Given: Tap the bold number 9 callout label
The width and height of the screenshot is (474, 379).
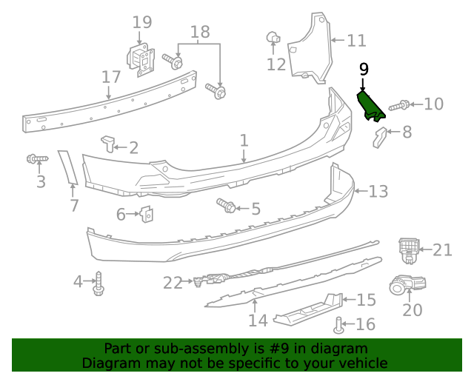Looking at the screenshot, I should click(363, 70).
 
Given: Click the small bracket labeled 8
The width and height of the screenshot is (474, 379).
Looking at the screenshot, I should click(379, 137).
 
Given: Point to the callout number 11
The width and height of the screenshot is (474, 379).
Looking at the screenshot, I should click(356, 41).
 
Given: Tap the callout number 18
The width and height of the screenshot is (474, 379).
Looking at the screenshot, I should click(199, 32).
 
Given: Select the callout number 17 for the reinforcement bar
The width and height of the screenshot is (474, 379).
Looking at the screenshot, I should click(111, 77).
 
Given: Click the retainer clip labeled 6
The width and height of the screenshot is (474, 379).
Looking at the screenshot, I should click(147, 214).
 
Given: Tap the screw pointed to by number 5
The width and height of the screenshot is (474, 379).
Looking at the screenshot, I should click(226, 205).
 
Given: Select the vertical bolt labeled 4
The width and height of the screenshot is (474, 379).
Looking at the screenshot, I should click(98, 283).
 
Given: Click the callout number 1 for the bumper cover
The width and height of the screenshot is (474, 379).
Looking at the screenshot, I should click(244, 140).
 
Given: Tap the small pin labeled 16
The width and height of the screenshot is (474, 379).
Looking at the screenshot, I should click(340, 323).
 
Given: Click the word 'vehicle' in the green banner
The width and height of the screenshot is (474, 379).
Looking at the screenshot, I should click(361, 363).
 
